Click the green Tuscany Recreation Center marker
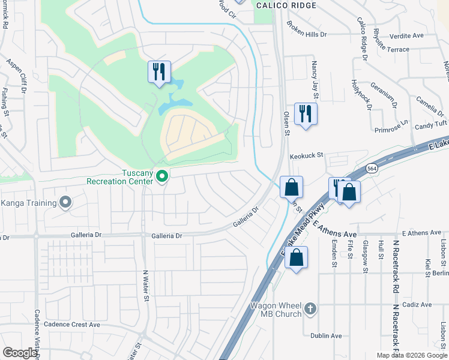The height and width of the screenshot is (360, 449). point(161,176)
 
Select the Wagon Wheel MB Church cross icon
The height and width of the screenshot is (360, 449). point(310,308)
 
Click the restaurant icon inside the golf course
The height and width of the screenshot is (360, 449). point(159,72)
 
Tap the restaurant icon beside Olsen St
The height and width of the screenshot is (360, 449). point(306,113)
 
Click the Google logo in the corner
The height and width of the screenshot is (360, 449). point(20,353)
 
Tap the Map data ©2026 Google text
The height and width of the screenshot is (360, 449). point(411,355)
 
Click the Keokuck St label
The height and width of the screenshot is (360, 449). point(306,155)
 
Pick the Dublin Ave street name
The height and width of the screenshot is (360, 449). point(326,336)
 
